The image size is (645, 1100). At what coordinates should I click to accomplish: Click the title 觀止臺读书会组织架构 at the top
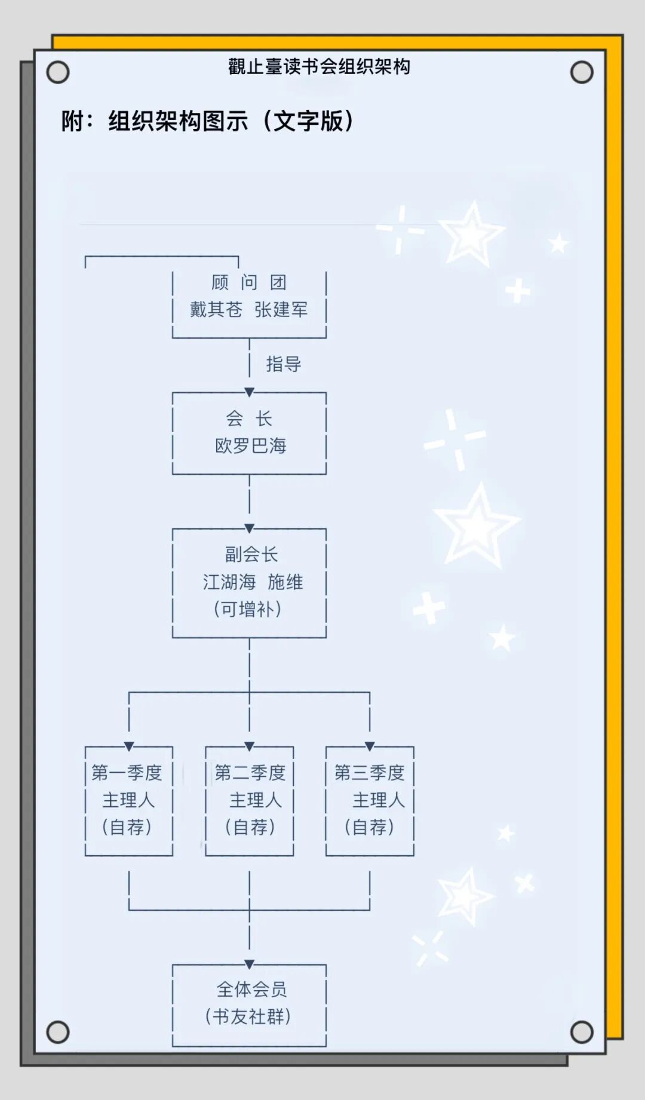pyautogui.click(x=319, y=66)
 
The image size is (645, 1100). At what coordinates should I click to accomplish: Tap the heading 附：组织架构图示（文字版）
pyautogui.click(x=208, y=121)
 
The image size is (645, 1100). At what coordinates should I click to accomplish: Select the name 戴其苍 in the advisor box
pyautogui.click(x=216, y=309)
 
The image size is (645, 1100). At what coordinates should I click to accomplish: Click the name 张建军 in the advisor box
pyautogui.click(x=281, y=309)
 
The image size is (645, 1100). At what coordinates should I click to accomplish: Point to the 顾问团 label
pyautogui.click(x=249, y=282)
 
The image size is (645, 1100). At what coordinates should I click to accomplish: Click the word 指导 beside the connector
pyautogui.click(x=283, y=364)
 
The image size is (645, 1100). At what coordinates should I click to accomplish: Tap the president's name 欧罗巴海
pyautogui.click(x=250, y=445)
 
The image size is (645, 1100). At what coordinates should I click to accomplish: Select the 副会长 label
pyautogui.click(x=251, y=554)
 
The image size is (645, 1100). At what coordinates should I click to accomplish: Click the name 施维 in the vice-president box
pyautogui.click(x=285, y=582)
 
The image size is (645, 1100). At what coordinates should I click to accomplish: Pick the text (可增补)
pyautogui.click(x=248, y=609)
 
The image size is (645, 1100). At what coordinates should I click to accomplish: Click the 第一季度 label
pyautogui.click(x=127, y=773)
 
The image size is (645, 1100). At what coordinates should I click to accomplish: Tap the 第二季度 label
pyautogui.click(x=250, y=773)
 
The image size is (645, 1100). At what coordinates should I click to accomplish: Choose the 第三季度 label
pyautogui.click(x=369, y=773)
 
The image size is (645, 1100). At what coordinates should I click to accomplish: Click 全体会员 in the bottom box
pyautogui.click(x=251, y=990)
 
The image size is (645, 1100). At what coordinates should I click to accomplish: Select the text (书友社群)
pyautogui.click(x=248, y=1016)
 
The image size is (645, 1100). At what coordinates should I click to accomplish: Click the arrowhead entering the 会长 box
pyautogui.click(x=250, y=392)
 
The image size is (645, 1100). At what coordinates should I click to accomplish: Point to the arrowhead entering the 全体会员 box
pyautogui.click(x=250, y=964)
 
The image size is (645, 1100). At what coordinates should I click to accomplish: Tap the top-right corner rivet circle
pyautogui.click(x=581, y=72)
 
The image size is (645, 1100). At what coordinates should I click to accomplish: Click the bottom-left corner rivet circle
pyautogui.click(x=58, y=1032)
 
